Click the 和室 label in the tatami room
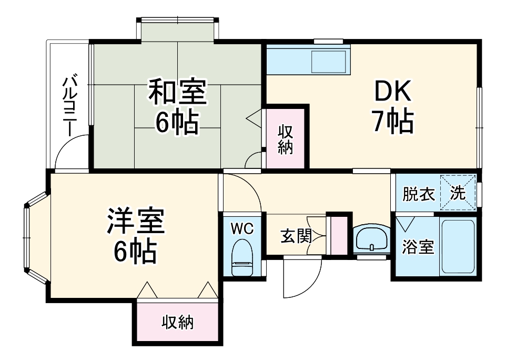pos(177,93)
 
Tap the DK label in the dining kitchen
pos(392,93)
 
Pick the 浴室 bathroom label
pos(418,247)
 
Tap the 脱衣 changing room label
pos(419,194)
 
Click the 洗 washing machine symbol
pos(458,193)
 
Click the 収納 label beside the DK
pos(285,139)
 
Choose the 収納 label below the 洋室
pos(177,322)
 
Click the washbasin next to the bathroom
pos(372,240)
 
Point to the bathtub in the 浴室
pos(458,246)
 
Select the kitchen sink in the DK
pos(328,62)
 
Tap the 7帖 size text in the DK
pos(392,122)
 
